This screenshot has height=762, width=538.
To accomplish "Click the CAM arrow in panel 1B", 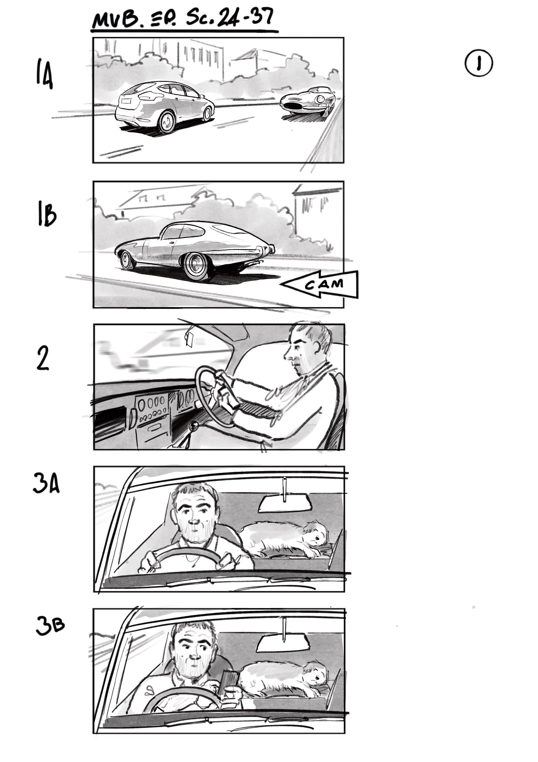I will pyautogui.click(x=321, y=284).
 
